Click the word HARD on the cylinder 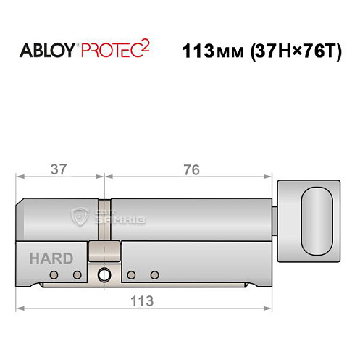(x=51, y=258)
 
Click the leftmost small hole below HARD (x=54, y=275)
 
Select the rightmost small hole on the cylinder (x=154, y=275)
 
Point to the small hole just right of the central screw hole (x=131, y=275)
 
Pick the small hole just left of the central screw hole (x=77, y=275)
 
